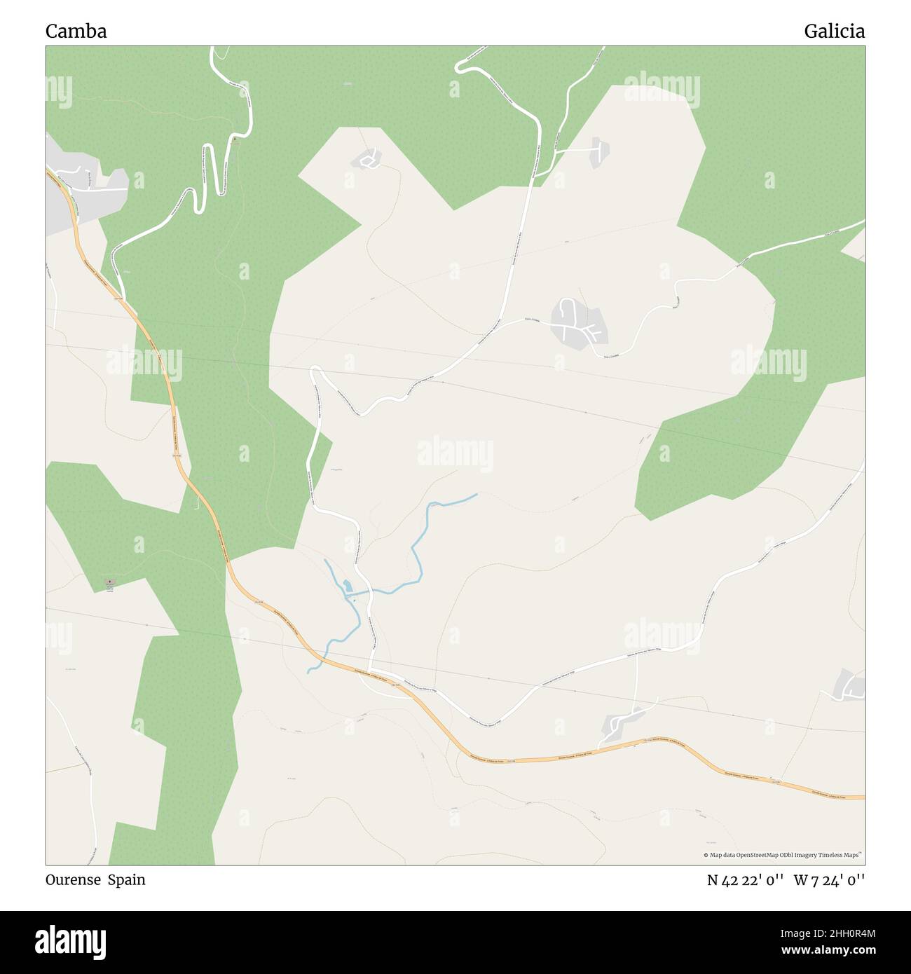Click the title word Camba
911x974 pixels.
[x=76, y=31]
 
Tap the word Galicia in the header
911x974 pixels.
[x=834, y=31]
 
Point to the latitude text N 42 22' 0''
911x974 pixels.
[x=744, y=880]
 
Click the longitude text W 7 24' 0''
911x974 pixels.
[x=829, y=880]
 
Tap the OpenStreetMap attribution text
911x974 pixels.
[x=783, y=855]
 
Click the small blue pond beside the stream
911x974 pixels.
[x=347, y=586]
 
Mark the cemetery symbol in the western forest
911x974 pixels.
[x=108, y=582]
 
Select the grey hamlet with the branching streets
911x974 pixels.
[x=577, y=322]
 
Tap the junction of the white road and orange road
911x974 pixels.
[x=371, y=673]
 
